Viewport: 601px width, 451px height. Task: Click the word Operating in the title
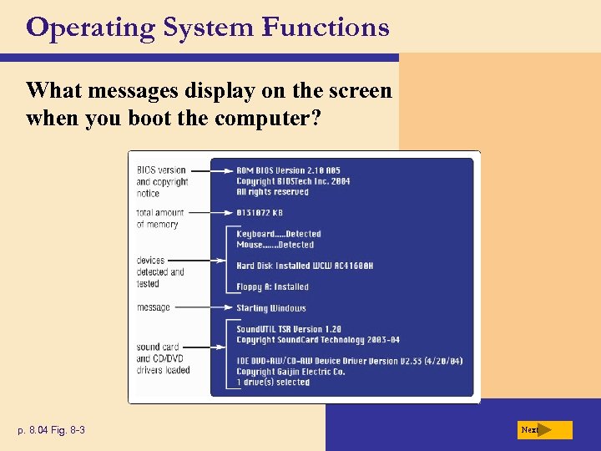(x=90, y=28)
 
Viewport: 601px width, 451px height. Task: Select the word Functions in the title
(x=325, y=28)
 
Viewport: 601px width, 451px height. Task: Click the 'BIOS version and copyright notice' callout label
(x=162, y=181)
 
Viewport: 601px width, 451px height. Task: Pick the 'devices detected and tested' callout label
(x=160, y=272)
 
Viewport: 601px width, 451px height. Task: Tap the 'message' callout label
(x=154, y=307)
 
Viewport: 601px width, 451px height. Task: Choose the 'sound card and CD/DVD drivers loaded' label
(x=163, y=358)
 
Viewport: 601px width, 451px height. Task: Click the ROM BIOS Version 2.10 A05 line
(x=289, y=170)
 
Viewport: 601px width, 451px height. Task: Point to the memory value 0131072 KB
(x=260, y=213)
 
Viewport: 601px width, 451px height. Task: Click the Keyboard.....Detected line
(x=279, y=234)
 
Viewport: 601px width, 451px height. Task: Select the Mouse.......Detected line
(x=275, y=245)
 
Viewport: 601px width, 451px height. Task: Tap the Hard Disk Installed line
(x=305, y=266)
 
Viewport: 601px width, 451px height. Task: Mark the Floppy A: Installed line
(x=272, y=286)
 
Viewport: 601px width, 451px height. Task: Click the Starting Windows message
(x=270, y=308)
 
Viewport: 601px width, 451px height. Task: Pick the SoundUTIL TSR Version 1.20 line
(x=289, y=329)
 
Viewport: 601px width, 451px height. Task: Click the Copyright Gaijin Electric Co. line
(x=290, y=372)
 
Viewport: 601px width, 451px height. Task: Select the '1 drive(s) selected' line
(x=273, y=383)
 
